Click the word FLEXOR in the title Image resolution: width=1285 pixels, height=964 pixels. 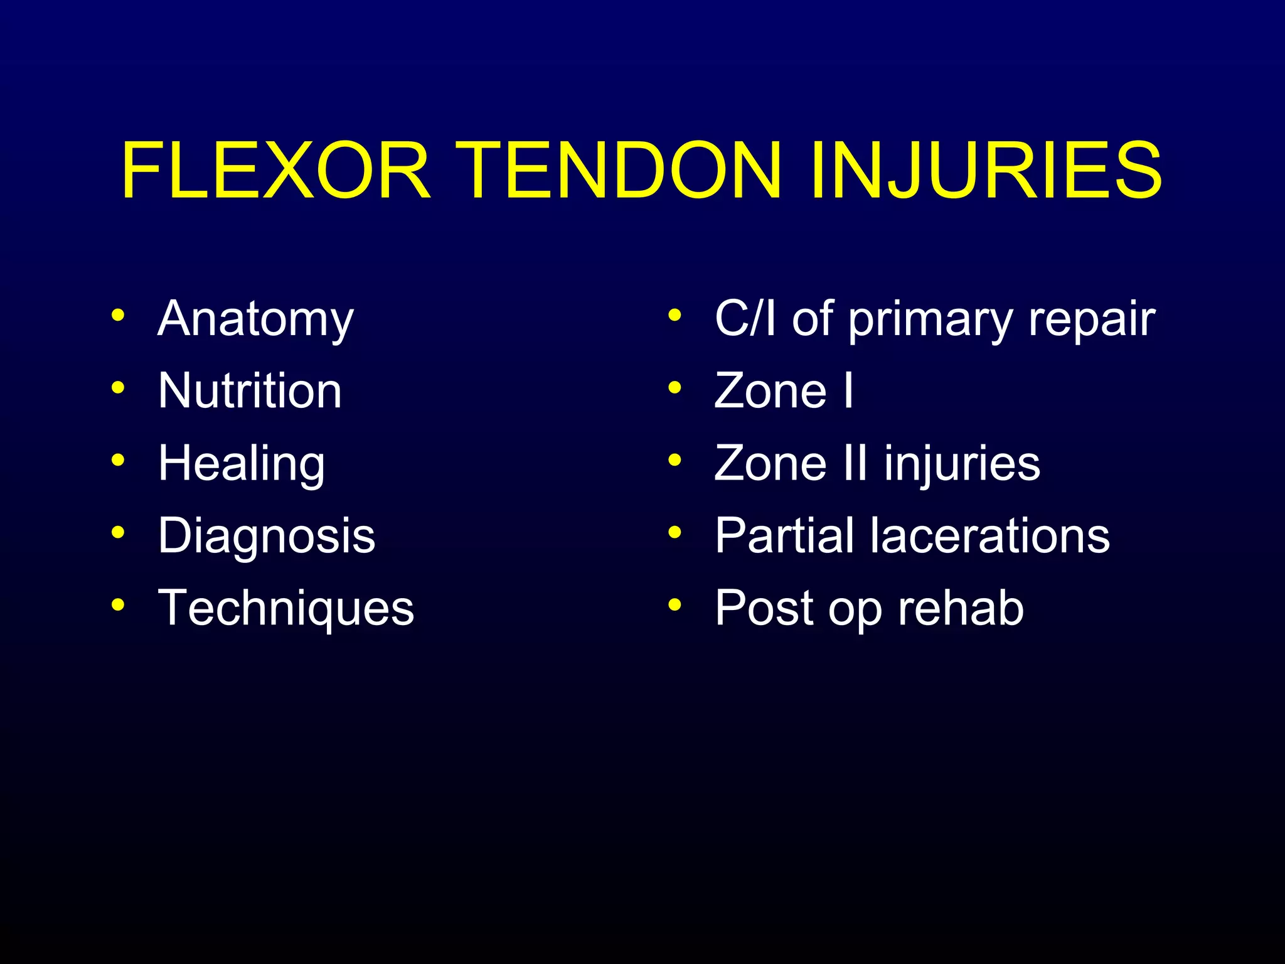[x=276, y=171]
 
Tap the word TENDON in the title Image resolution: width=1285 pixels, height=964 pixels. [x=618, y=171]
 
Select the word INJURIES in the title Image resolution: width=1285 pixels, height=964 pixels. [x=985, y=171]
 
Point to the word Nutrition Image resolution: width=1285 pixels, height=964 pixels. [x=250, y=391]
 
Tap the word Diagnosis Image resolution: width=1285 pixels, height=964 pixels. [x=267, y=536]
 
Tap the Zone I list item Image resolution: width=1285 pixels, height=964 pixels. [x=784, y=391]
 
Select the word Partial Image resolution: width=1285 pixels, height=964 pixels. [x=785, y=536]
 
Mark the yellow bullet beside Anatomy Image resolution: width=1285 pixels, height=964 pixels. [x=117, y=315]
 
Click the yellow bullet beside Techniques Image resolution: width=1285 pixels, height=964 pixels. [x=117, y=605]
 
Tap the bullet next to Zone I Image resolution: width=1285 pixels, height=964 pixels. [x=674, y=388]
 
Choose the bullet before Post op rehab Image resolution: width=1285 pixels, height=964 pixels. [x=674, y=605]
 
